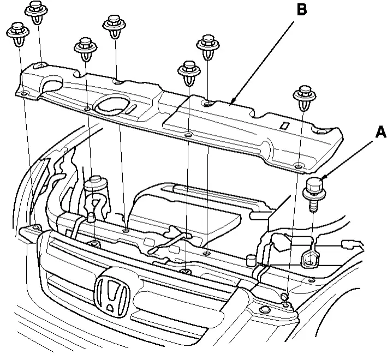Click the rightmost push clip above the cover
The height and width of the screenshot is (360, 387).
pyautogui.click(x=303, y=98)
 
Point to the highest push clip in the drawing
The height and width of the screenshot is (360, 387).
pyautogui.click(x=36, y=12)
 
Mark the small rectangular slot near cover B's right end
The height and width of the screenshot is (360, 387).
pyautogui.click(x=283, y=125)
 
